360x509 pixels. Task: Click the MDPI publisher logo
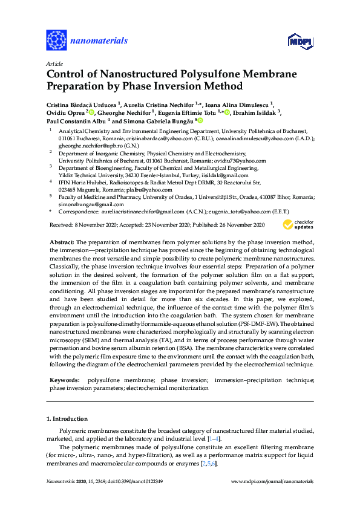point(299,41)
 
